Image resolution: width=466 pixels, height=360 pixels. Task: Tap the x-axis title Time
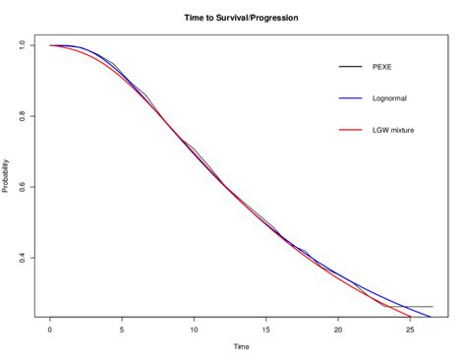pos(241,346)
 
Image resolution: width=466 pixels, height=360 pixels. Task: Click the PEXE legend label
pos(382,67)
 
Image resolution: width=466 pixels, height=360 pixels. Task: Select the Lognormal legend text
pos(390,98)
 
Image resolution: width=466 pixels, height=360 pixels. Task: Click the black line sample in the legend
pos(350,67)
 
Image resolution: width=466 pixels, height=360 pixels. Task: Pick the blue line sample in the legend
pos(350,98)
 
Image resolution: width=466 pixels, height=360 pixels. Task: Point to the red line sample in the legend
pos(350,130)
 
